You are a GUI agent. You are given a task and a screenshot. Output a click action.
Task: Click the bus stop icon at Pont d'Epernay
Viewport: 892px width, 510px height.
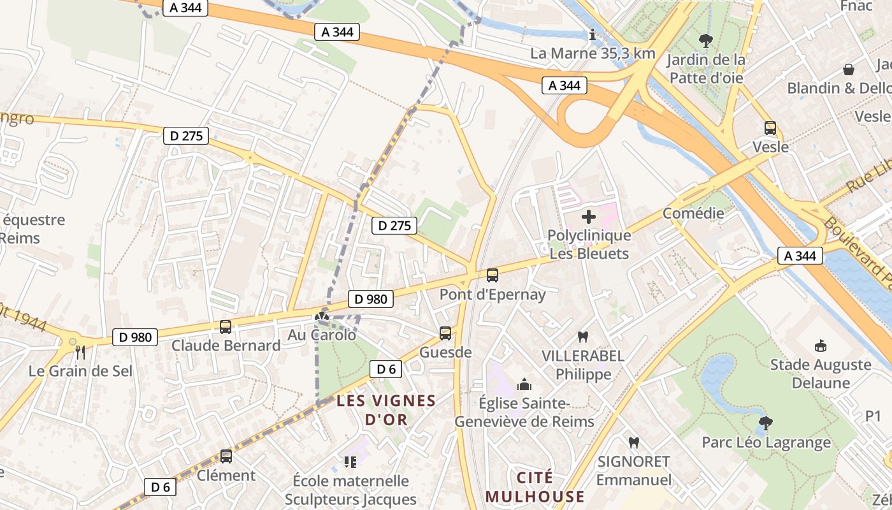tap(493, 275)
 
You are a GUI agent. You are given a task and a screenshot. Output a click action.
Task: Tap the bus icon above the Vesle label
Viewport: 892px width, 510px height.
tap(770, 128)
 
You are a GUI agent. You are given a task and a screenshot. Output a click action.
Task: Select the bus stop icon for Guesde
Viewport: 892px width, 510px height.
tap(445, 333)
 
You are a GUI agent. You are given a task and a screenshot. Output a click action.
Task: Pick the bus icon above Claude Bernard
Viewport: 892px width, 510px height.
tap(226, 327)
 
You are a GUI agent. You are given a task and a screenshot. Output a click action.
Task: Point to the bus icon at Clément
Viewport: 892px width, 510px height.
tap(226, 456)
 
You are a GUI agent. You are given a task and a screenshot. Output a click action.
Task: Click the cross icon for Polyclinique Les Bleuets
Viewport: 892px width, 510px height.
tap(589, 217)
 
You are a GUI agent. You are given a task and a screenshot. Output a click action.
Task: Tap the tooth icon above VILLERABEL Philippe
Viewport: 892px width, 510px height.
tap(582, 337)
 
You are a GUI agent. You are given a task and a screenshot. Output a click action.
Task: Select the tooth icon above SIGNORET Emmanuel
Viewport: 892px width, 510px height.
tap(633, 442)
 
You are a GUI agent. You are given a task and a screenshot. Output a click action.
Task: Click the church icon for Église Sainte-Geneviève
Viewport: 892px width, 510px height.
tap(524, 384)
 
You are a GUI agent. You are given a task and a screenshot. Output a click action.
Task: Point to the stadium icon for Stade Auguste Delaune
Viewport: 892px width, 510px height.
tap(821, 346)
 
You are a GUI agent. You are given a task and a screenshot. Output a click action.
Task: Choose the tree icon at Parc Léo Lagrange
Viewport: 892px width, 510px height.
tap(766, 423)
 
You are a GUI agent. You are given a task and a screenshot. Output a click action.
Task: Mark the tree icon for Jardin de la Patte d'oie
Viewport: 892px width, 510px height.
tap(705, 41)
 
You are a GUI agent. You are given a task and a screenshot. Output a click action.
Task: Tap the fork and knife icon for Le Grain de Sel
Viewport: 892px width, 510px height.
tap(80, 352)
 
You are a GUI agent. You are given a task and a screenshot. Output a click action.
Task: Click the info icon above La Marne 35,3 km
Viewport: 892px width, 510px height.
tap(593, 35)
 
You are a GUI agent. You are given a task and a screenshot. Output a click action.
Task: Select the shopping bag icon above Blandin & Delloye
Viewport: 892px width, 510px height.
tap(849, 69)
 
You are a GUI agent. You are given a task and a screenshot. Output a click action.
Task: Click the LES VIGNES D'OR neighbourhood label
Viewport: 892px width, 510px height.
tap(386, 410)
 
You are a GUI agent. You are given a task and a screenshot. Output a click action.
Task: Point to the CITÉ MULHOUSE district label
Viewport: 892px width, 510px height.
tap(535, 487)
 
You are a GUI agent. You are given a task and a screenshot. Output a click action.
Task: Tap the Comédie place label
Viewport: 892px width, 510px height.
tap(693, 213)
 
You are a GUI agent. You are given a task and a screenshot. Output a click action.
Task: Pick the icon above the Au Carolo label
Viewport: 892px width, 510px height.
tap(322, 316)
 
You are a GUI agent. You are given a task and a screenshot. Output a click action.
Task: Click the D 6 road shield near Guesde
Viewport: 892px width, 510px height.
tap(386, 368)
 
